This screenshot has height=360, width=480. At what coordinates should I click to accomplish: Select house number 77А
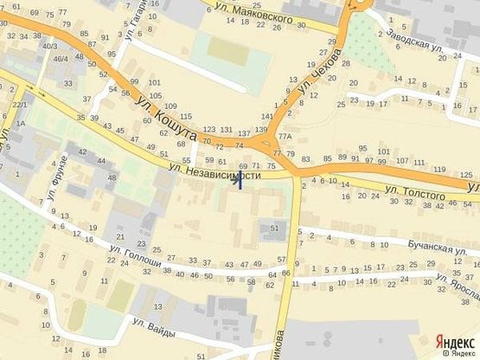pos(285,138)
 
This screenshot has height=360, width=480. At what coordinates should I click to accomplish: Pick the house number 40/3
pos(50,46)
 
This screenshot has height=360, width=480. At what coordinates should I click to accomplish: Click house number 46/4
pos(61,59)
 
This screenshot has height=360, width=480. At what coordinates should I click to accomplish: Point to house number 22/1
pos(17,104)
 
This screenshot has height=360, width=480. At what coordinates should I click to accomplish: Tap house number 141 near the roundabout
pos(266,115)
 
